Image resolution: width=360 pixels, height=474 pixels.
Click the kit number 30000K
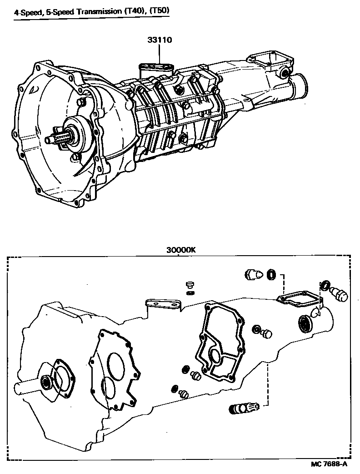point(178,250)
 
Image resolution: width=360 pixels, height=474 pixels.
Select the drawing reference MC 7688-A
point(330,464)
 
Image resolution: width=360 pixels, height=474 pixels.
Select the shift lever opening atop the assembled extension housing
point(266,61)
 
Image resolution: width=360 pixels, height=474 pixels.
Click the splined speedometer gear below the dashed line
point(243,408)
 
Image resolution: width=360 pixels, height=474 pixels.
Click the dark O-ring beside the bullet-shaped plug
point(272,274)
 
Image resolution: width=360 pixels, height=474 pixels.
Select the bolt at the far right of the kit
point(340,294)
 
